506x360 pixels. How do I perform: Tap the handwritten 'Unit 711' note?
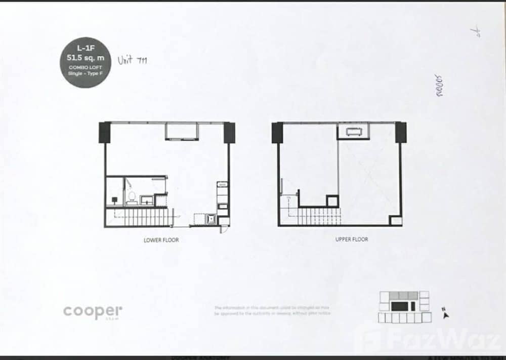(133, 61)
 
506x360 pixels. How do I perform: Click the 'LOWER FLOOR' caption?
(161, 240)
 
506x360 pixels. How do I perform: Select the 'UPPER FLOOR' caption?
(352, 239)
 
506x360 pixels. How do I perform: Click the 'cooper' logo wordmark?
(93, 312)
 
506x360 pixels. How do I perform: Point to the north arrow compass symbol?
(445, 313)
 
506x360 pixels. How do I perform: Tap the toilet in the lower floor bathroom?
(131, 196)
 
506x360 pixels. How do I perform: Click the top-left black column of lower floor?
(104, 132)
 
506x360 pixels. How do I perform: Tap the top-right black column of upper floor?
(401, 132)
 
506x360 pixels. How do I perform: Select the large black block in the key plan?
(399, 306)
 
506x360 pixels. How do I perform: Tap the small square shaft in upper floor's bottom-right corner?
(396, 221)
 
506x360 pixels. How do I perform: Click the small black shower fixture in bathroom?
(115, 200)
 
